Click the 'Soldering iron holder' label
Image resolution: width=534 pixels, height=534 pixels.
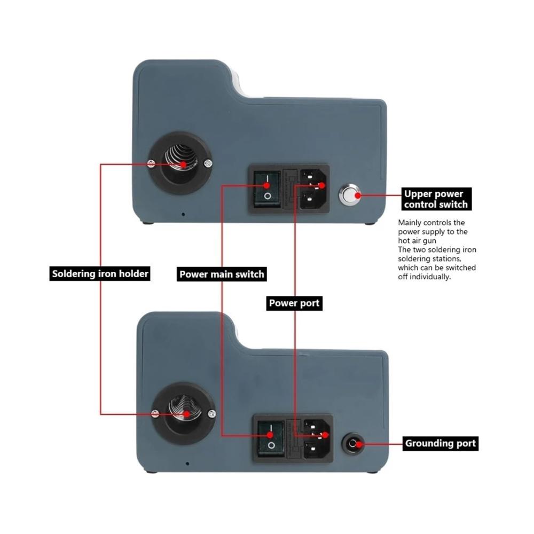click(x=100, y=273)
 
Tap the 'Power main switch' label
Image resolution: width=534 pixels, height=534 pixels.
click(x=222, y=274)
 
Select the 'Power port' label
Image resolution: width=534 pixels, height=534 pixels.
click(x=294, y=303)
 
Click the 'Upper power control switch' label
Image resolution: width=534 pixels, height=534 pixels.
click(x=436, y=199)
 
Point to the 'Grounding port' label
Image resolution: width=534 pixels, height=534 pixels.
click(x=441, y=443)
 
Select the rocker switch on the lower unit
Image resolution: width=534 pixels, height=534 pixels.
click(x=271, y=438)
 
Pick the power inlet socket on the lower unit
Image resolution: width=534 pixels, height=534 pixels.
click(x=316, y=439)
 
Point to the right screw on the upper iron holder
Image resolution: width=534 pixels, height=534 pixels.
click(x=208, y=164)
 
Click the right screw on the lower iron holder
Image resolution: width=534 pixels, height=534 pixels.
click(x=212, y=414)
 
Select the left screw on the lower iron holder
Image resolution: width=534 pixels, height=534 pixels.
click(x=155, y=414)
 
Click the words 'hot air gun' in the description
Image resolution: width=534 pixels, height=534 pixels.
click(x=417, y=241)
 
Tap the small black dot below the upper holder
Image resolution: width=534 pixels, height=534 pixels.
click(x=183, y=214)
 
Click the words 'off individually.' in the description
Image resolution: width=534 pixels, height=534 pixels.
click(x=425, y=277)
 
